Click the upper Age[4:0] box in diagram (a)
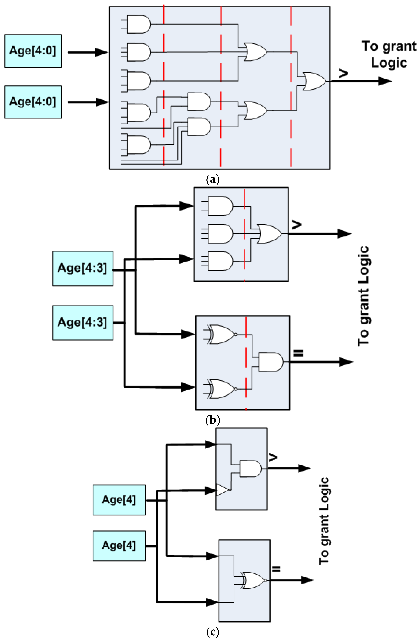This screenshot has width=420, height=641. [x=33, y=51]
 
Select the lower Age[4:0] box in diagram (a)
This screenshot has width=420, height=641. [x=33, y=102]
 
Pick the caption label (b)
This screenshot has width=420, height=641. [x=213, y=420]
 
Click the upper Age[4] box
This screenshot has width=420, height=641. [x=119, y=500]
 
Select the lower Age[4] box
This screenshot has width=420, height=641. [x=119, y=546]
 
